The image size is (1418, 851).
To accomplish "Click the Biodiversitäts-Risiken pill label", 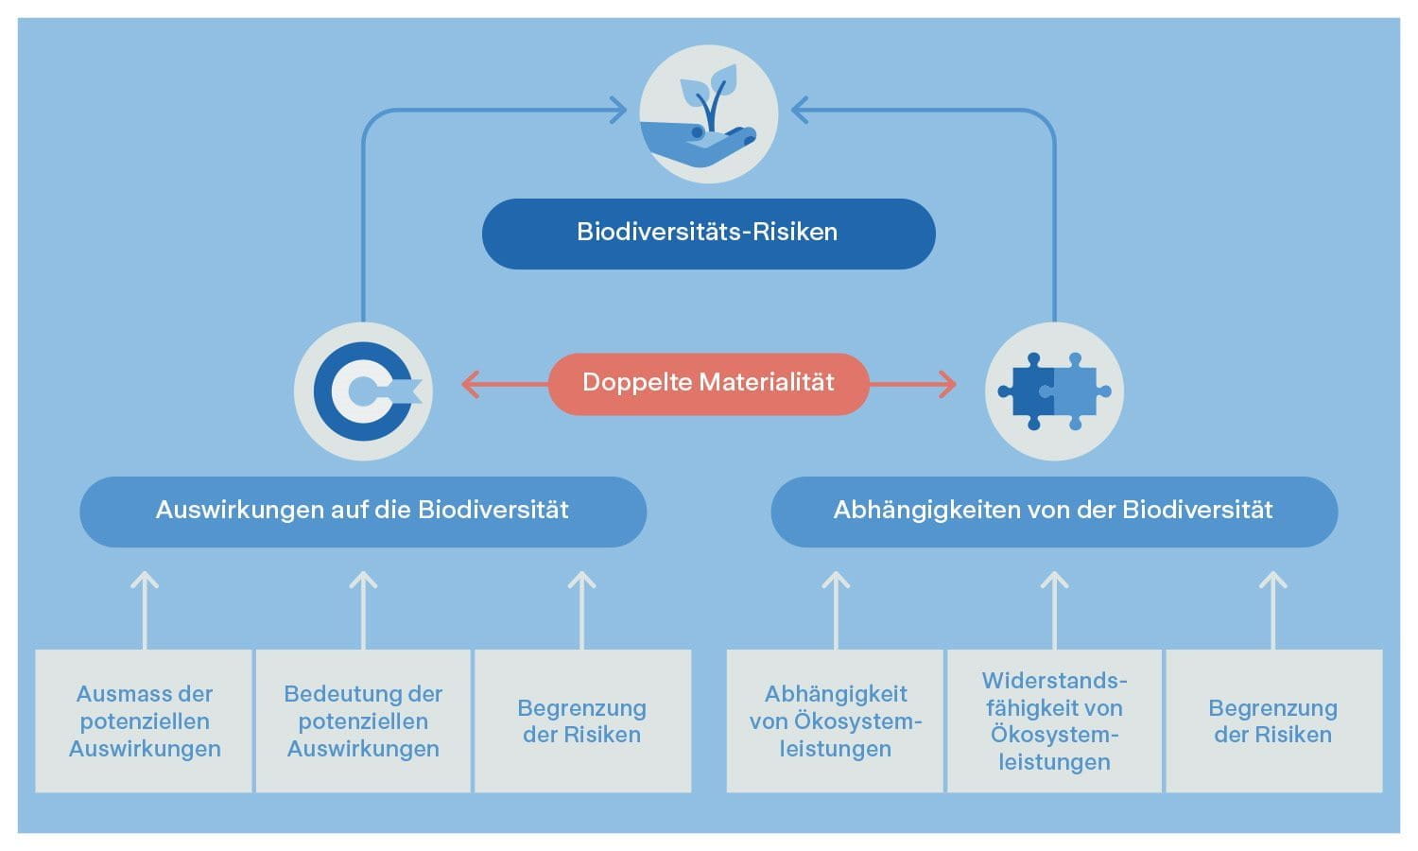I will (708, 233).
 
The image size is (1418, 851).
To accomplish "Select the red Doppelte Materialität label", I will (708, 384).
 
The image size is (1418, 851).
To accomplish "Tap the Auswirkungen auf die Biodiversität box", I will (363, 512).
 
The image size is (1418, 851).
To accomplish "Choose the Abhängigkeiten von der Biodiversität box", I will (1053, 512).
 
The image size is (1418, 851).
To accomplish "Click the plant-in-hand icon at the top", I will (708, 113).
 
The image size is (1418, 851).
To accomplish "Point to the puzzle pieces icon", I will (1054, 391).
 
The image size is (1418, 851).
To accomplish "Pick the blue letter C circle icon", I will (363, 391).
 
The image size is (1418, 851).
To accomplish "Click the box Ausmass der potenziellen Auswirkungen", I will (144, 721).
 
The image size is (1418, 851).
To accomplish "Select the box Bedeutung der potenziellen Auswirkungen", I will (363, 721).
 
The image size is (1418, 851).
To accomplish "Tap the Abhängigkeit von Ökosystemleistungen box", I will (835, 721).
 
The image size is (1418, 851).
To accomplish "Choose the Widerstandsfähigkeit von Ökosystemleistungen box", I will (1054, 721).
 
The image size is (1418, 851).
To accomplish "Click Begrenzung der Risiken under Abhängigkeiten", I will (1273, 721).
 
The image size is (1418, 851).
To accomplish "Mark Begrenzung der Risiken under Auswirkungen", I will (582, 721).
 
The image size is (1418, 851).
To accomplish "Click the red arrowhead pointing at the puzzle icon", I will (948, 385).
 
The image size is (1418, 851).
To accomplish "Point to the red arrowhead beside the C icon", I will (469, 385).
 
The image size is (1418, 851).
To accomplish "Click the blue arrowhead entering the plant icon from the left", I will (619, 111).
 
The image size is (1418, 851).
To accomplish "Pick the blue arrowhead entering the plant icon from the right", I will (799, 111).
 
